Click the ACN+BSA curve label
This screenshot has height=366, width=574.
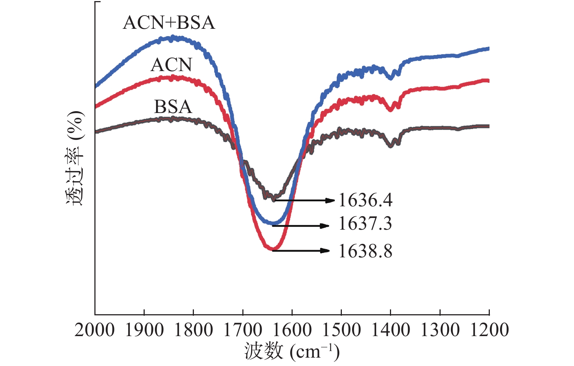click(x=169, y=23)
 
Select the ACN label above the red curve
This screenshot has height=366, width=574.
click(x=171, y=65)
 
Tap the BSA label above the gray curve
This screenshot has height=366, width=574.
click(x=173, y=107)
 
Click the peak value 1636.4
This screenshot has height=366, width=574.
click(x=365, y=200)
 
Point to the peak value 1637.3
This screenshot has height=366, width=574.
click(x=365, y=223)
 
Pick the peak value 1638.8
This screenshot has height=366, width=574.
click(x=365, y=251)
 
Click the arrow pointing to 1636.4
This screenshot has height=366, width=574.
click(x=304, y=200)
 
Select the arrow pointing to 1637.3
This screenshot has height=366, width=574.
click(x=301, y=226)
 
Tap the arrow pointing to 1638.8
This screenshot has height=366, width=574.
click(x=301, y=250)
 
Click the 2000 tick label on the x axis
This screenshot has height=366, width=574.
click(x=94, y=330)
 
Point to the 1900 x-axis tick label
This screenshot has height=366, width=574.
click(x=144, y=330)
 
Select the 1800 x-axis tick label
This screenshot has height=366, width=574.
click(x=193, y=330)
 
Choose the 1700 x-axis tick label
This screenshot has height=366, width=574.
click(x=243, y=330)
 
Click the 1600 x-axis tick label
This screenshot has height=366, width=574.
click(x=292, y=330)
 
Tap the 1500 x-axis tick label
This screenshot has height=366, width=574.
click(x=341, y=330)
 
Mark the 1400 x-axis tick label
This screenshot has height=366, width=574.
click(x=391, y=330)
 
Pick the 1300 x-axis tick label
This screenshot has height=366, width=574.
click(x=440, y=330)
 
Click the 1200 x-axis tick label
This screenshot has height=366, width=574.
click(x=489, y=330)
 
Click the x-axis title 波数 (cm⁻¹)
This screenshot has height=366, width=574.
click(x=292, y=351)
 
